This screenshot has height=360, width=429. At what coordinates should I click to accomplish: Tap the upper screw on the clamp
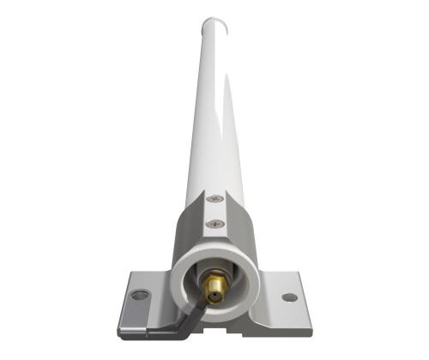tap(214, 200)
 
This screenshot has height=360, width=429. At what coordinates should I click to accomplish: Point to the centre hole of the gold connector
tap(216, 282)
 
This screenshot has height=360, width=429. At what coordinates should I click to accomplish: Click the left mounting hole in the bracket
tap(140, 295)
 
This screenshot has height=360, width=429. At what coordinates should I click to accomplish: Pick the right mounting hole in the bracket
tap(289, 297)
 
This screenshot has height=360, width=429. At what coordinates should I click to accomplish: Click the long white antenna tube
tap(214, 111)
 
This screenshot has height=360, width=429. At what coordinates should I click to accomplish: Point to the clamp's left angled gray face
tap(185, 236)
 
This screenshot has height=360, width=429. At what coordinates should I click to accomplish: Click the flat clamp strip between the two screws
tap(214, 212)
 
